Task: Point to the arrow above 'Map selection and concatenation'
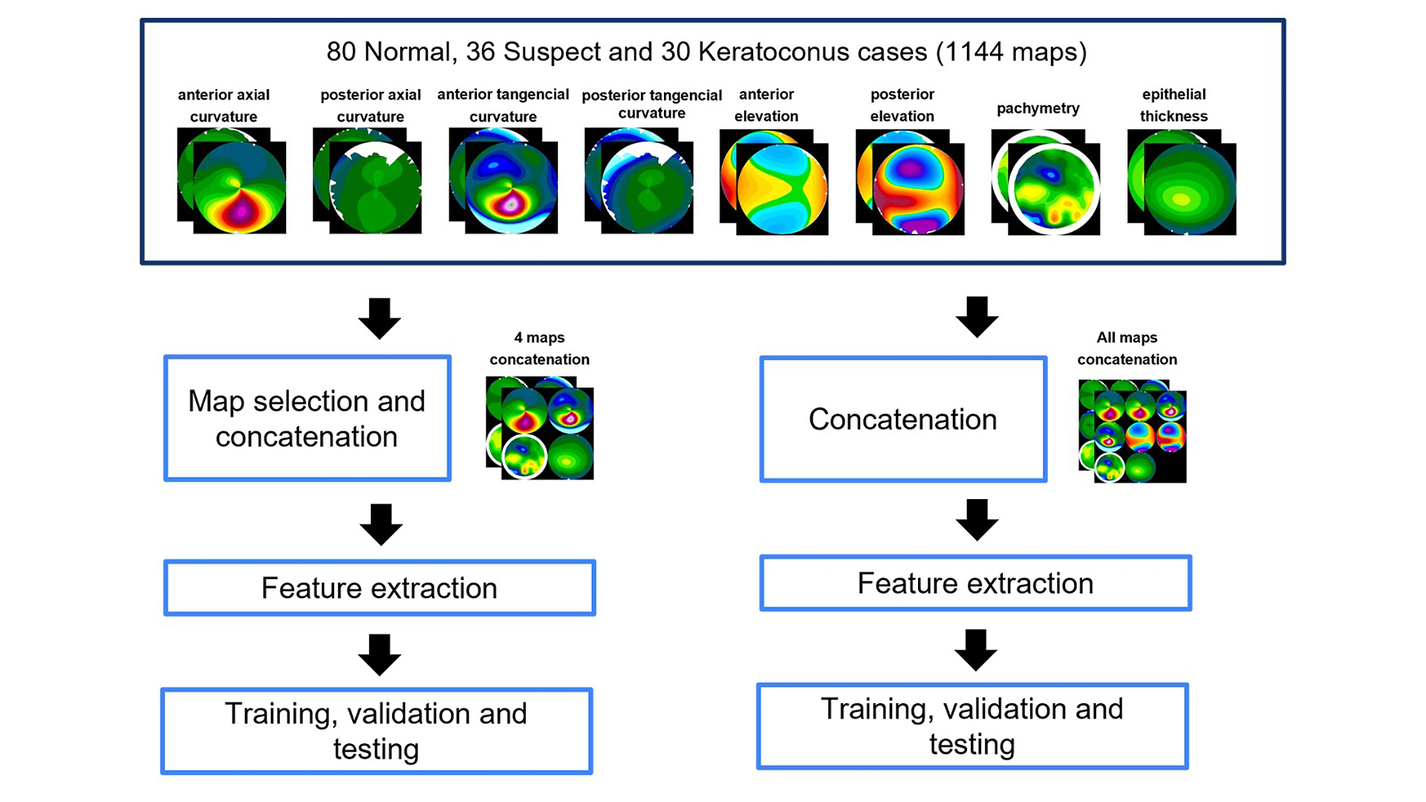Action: coord(380,319)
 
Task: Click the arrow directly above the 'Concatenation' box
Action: coord(977,317)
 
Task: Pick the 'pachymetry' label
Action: coord(1038,108)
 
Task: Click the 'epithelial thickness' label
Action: coord(1173,105)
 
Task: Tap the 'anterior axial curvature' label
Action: coord(224,105)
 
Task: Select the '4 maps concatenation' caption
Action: coord(539,348)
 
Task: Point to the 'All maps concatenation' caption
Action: coord(1127,348)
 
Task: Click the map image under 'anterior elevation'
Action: coord(774,183)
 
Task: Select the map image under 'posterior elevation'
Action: coord(910,183)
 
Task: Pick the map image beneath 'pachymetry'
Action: coord(1046,183)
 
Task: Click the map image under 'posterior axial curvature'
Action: coord(367,180)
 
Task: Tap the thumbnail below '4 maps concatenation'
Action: coord(540,428)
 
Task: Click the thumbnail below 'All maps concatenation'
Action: coord(1133,431)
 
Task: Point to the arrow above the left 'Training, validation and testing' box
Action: coord(380,655)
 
